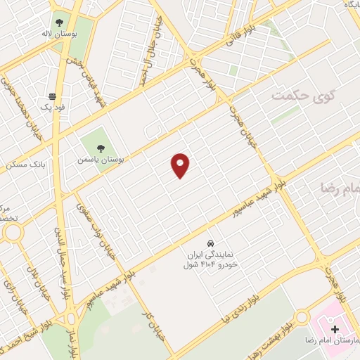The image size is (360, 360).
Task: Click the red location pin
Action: (x=181, y=165)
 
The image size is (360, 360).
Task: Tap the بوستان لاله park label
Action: (x=77, y=33)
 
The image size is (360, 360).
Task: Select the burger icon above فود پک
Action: (x=52, y=96)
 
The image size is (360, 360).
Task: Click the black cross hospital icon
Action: (x=335, y=328)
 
